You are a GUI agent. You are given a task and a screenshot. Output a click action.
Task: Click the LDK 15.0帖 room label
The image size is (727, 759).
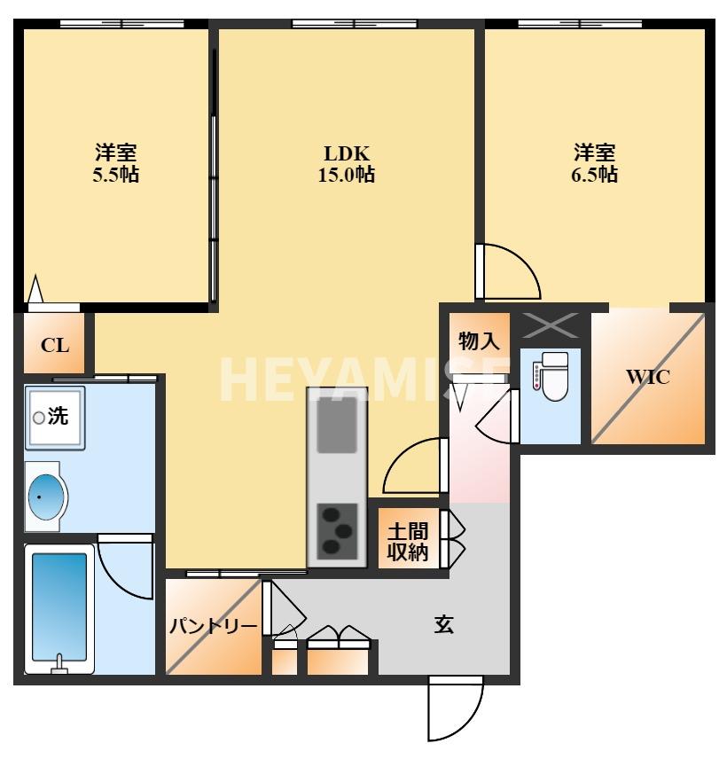point(346,163)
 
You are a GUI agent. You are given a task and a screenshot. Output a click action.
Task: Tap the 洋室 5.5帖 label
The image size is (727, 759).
point(116,163)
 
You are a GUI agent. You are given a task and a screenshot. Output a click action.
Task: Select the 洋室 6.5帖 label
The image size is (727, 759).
point(594,163)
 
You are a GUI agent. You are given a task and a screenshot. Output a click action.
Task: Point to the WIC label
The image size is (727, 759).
point(648,376)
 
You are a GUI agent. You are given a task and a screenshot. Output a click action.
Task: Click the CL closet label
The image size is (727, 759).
point(55,345)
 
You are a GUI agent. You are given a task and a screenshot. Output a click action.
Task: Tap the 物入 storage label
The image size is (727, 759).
point(480,340)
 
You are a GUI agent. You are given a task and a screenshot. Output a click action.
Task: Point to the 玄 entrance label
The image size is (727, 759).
point(444,625)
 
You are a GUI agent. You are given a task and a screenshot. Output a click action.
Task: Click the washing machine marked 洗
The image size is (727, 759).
point(54,416)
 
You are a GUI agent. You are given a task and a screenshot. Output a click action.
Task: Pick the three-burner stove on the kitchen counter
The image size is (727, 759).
point(338,530)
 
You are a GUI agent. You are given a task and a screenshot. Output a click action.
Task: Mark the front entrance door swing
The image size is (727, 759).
point(455,709)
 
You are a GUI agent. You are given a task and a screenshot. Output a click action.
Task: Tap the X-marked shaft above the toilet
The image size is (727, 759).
point(551,325)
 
